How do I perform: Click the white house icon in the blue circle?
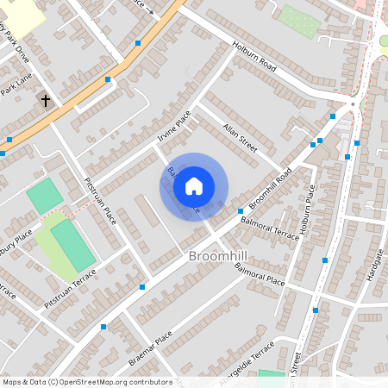click(194, 186)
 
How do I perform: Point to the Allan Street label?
click(240, 136)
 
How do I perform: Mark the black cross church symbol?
click(45, 102)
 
